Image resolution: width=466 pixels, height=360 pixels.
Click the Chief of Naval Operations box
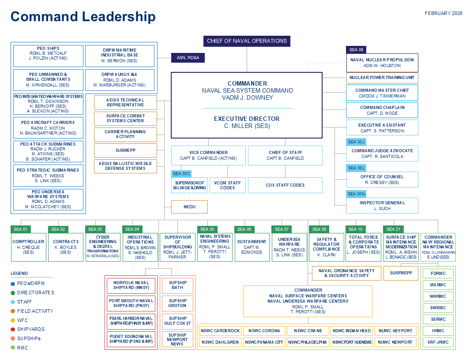[x=247, y=41]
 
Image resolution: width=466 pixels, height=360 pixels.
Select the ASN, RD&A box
[x=188, y=57]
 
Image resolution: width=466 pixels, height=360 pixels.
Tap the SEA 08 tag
[x=356, y=50]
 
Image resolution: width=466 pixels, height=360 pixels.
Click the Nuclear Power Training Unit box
[x=382, y=78]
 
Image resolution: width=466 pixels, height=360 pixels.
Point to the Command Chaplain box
[x=382, y=110]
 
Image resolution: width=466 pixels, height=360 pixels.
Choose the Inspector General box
[x=382, y=206]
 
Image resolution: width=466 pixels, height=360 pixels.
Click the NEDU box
[x=189, y=206]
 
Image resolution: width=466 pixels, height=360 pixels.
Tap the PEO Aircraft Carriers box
[x=48, y=127]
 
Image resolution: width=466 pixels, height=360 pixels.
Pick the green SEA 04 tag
[x=132, y=229]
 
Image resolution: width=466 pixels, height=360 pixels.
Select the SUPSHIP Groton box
[x=177, y=303]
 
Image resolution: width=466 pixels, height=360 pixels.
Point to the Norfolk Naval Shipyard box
[x=131, y=285]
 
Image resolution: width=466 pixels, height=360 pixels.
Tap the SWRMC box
[x=438, y=307]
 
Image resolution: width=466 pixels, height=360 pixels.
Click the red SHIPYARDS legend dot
[x=13, y=329]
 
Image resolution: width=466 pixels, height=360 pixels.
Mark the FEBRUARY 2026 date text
[x=443, y=13]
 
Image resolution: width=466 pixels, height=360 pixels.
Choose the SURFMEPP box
[x=401, y=273]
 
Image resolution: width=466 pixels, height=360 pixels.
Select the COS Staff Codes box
[x=285, y=185]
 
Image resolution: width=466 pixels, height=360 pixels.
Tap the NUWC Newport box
[x=395, y=342]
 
